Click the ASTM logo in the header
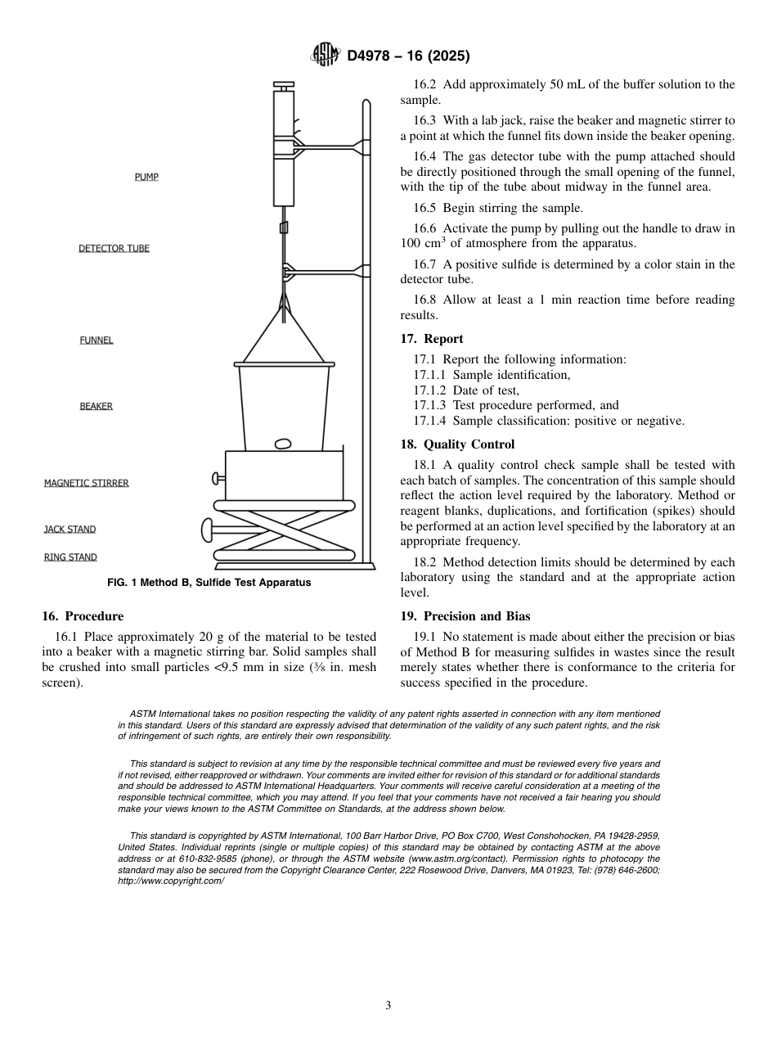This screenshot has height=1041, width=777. coord(325,56)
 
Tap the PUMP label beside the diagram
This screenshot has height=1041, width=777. coord(146,177)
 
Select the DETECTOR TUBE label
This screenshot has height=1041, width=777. coord(114,248)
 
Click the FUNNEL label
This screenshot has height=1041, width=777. coord(97,340)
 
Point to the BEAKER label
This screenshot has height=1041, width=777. coord(96,406)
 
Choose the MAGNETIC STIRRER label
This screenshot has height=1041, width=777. coord(86,483)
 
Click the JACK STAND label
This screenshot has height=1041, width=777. coord(70,530)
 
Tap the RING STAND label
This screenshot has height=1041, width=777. coord(70,557)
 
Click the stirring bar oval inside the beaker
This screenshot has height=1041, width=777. coord(283,444)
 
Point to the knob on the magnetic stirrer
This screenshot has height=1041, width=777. coord(218,478)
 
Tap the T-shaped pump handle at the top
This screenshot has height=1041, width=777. coord(284,85)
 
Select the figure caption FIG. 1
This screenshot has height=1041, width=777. coord(209,583)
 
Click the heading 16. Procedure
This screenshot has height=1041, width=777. coord(82,616)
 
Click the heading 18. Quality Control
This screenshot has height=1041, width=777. coord(457,444)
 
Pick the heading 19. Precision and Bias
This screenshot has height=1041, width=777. coord(465,616)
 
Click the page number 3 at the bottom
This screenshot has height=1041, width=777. coord(388,1005)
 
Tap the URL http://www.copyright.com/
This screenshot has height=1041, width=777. coord(170,881)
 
